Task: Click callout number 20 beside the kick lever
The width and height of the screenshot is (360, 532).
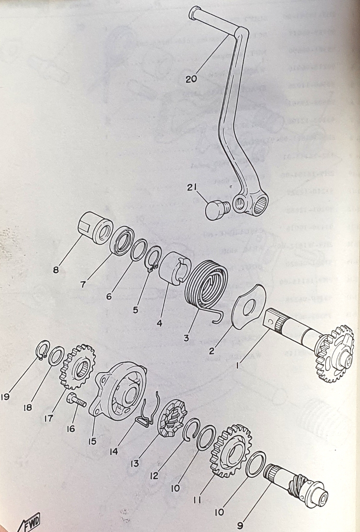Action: click(191, 79)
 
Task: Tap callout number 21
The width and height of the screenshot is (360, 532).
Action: click(192, 187)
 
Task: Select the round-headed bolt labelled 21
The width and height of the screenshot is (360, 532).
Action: click(217, 210)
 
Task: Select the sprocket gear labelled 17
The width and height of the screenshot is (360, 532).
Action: click(78, 367)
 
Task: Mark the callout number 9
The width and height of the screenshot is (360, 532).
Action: click(240, 525)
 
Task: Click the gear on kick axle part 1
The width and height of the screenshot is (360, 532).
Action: click(334, 353)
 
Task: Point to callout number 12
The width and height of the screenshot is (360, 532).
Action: click(154, 476)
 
